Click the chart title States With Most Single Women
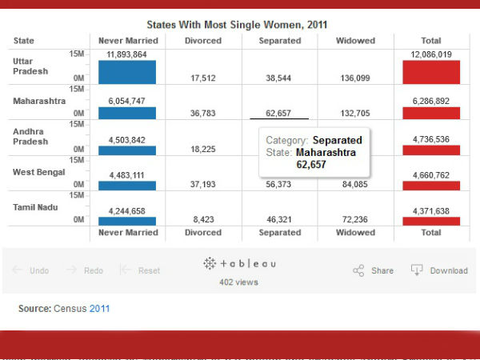[237, 25]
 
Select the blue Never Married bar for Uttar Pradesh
[126, 72]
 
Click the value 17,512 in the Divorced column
[203, 78]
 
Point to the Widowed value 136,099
[355, 78]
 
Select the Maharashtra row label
[39, 102]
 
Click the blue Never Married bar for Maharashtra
[126, 114]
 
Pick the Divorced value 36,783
[203, 114]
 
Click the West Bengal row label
[40, 172]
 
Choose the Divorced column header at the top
[203, 41]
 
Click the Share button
[374, 270]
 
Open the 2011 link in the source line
[100, 308]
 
